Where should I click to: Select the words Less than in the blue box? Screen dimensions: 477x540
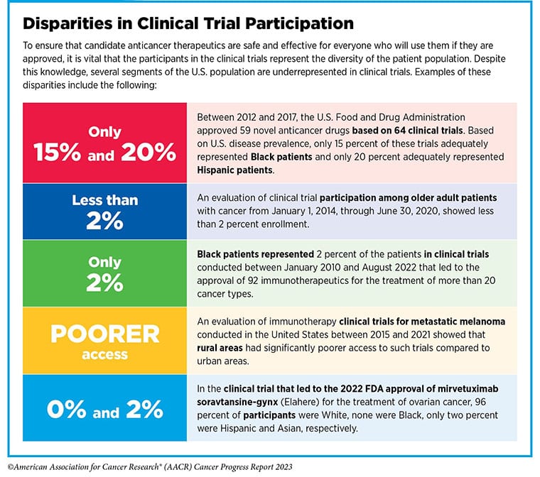tap(104, 200)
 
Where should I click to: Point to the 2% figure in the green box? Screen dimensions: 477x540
tap(104, 284)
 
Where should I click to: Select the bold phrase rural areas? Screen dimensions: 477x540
tap(222, 348)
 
